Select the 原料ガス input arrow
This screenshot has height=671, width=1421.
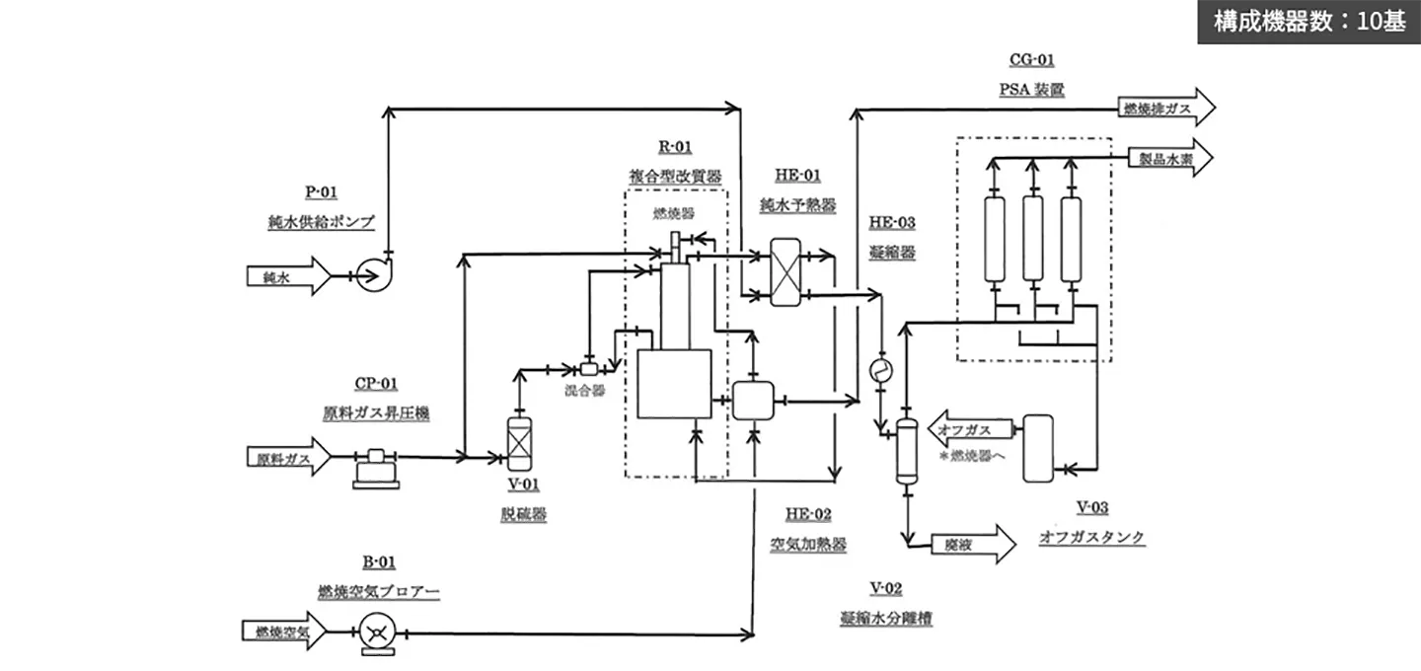click(x=291, y=457)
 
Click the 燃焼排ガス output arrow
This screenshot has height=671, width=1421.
click(x=1164, y=108)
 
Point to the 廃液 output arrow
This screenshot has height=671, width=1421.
click(x=972, y=542)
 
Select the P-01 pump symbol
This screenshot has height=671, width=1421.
click(x=373, y=275)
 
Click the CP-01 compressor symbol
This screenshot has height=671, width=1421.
click(x=376, y=464)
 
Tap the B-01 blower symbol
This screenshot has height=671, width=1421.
click(x=375, y=632)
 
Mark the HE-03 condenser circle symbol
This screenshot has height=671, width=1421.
click(x=879, y=369)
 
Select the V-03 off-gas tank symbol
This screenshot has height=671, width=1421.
click(x=1038, y=447)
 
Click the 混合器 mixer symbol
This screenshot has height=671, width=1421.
click(x=588, y=370)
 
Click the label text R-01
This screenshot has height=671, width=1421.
click(x=675, y=148)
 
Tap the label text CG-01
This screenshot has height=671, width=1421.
click(x=1031, y=61)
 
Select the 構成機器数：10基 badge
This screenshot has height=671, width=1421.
click(x=1309, y=23)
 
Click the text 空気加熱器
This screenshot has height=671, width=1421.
click(x=808, y=544)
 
